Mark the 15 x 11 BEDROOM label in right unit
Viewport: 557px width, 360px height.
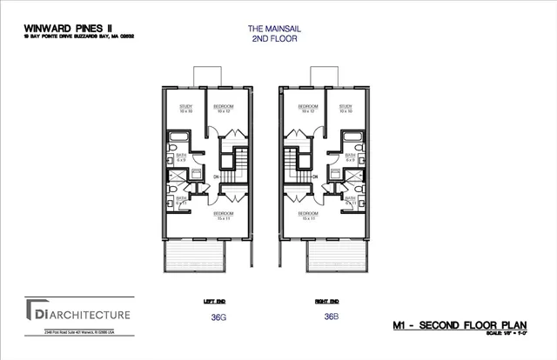tap(307, 216)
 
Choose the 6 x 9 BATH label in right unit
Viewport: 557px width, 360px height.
tap(350, 157)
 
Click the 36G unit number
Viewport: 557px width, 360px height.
tap(218, 317)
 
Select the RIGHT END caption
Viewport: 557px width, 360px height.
tap(327, 301)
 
